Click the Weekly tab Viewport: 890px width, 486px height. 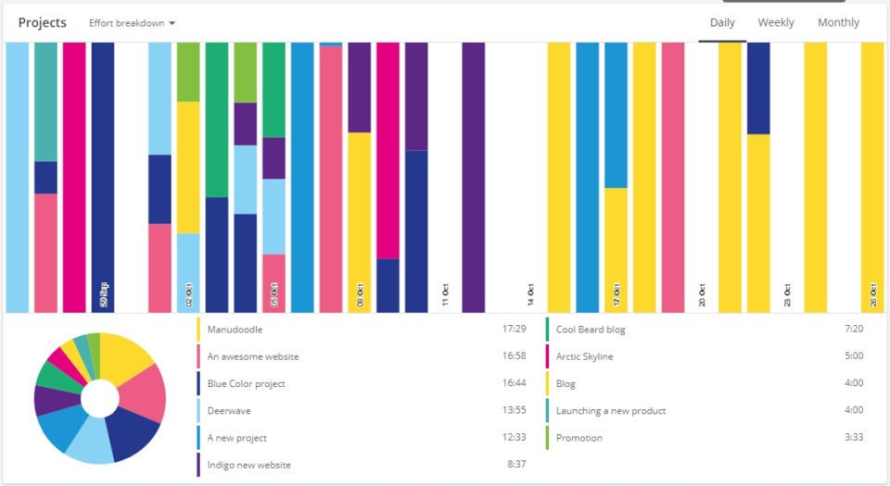coord(775,22)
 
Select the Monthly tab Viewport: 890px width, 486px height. coord(838,22)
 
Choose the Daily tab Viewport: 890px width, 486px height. coord(722,22)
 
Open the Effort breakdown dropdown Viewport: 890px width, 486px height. coord(133,23)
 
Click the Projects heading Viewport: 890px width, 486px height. coord(43,23)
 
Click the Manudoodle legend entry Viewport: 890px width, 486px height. coord(236,329)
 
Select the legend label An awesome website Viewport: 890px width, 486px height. coord(252,356)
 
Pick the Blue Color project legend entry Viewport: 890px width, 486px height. coord(246,383)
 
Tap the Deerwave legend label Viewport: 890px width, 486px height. coord(229,410)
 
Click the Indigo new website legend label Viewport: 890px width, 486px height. coord(248,465)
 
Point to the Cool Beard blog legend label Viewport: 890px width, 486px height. coord(591,329)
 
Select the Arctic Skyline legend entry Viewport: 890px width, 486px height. coord(584,356)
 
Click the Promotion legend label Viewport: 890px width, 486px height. coord(578,438)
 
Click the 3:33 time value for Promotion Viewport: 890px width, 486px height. coord(854,438)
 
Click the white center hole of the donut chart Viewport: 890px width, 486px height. coord(100,399)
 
